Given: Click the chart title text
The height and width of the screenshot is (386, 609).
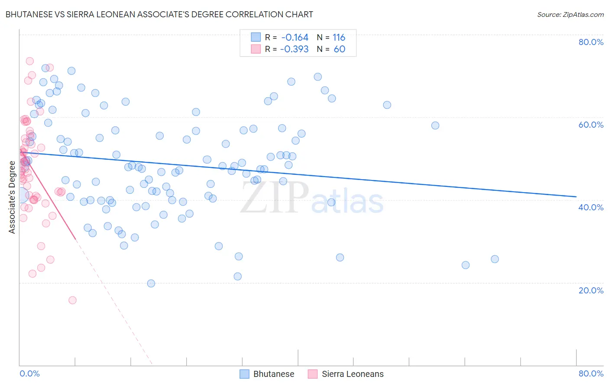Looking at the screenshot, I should coord(159,14).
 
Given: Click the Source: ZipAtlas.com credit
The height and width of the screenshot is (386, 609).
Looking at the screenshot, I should coord(570,14).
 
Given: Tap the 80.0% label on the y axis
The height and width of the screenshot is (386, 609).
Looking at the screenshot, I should coord(591,42).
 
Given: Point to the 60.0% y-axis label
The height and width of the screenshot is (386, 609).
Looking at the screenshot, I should coord(591,125).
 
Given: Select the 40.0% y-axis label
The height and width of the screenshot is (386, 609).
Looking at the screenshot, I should coord(591,207).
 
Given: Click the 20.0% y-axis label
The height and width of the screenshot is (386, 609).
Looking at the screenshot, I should coord(591,290).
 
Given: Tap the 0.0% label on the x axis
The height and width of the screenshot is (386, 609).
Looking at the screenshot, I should coord(29,373).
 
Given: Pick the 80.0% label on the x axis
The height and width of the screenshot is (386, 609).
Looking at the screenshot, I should coord(591,373).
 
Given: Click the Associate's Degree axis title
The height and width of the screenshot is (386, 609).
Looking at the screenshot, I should coord(12,197).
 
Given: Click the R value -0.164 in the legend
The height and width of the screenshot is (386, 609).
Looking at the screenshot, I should coord(295,38).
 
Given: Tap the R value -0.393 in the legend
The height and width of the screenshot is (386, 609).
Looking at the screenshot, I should coord(295,49).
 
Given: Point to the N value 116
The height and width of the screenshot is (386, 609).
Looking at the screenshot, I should coord(339,38).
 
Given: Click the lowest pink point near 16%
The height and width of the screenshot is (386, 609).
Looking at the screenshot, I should coord(72,300).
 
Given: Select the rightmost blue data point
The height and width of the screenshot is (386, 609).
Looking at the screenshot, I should coord(495,259).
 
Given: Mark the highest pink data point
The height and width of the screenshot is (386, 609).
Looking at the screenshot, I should coord(30,61).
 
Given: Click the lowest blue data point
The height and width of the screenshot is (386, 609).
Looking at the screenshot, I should coord(151,283).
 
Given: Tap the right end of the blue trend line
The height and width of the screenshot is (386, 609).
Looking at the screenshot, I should coord(576,196).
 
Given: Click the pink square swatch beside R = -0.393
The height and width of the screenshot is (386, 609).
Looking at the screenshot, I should coord(256,49).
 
